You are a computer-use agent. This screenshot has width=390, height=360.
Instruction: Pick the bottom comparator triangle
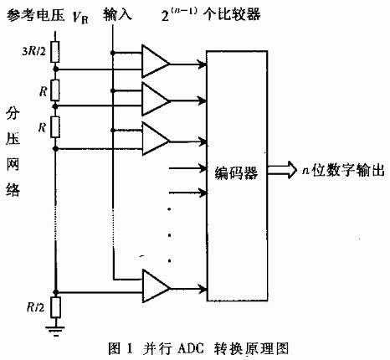point(155,284)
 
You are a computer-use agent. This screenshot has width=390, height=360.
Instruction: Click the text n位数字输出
point(341,170)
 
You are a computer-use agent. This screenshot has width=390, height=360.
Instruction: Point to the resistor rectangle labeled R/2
point(55,306)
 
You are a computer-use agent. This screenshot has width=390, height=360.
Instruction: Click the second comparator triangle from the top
point(155,100)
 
